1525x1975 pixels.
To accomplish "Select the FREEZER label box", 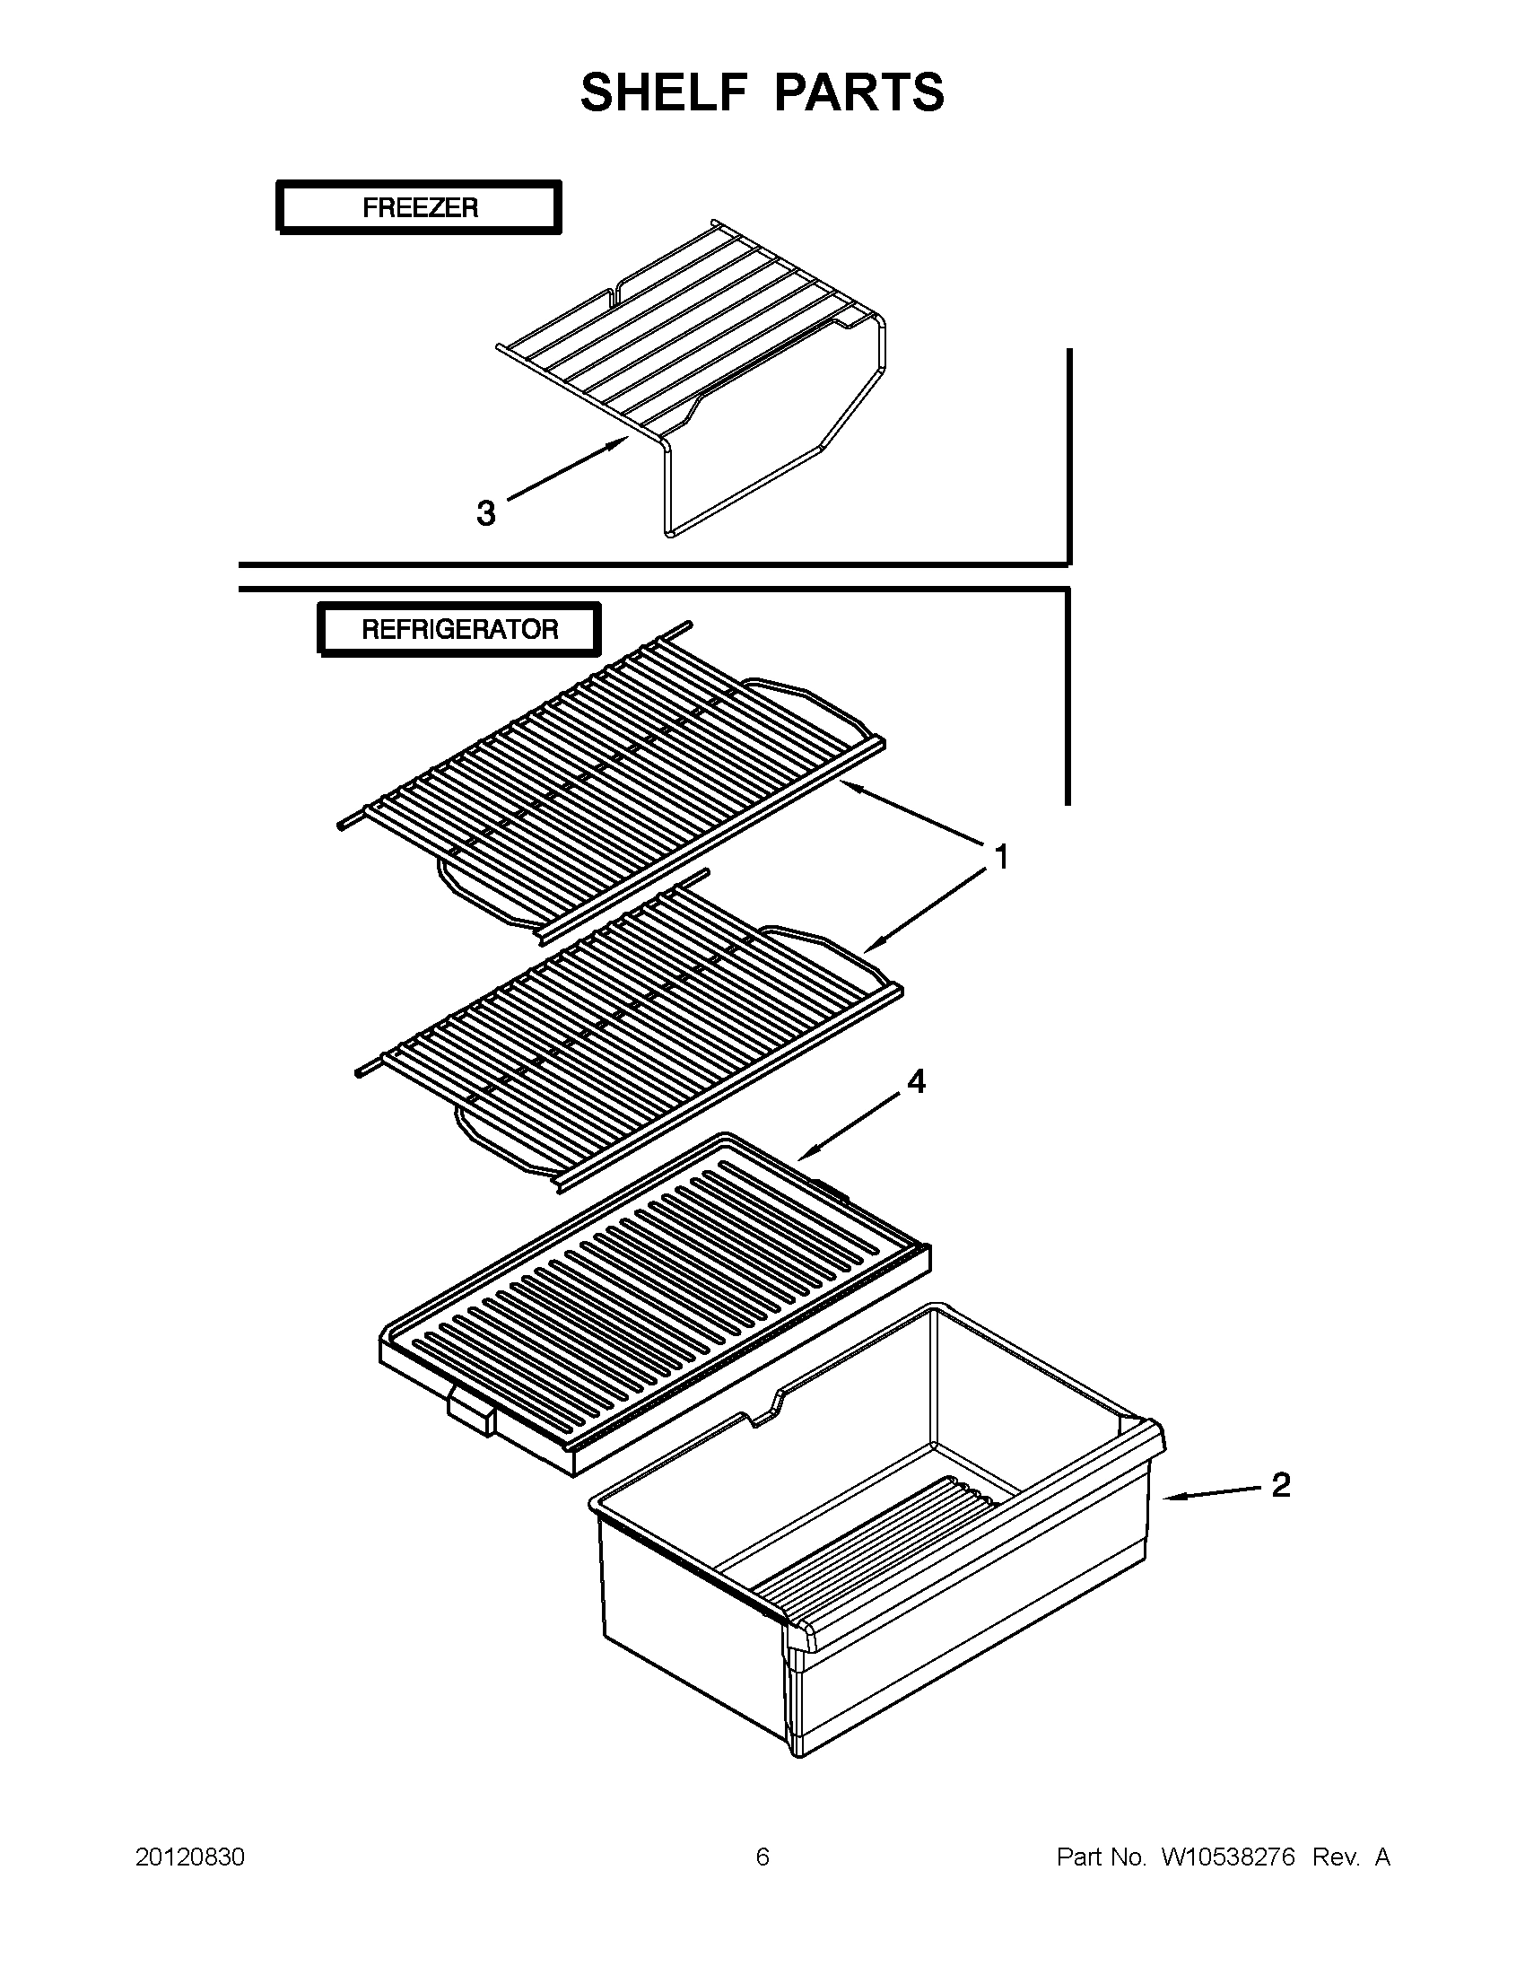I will [x=419, y=208].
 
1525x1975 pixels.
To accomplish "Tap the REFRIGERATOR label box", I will [x=459, y=629].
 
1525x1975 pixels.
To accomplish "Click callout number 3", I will [x=486, y=513].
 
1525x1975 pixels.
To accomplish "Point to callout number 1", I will [x=1001, y=855].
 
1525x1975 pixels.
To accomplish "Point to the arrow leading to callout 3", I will [x=565, y=468].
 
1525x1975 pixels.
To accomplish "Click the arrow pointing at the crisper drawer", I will [x=1211, y=1493].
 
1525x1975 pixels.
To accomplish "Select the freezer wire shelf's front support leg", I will [x=669, y=493].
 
